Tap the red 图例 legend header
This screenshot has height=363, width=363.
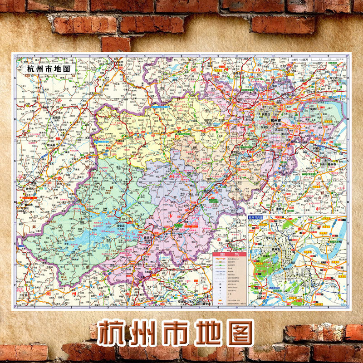coord(229,255)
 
